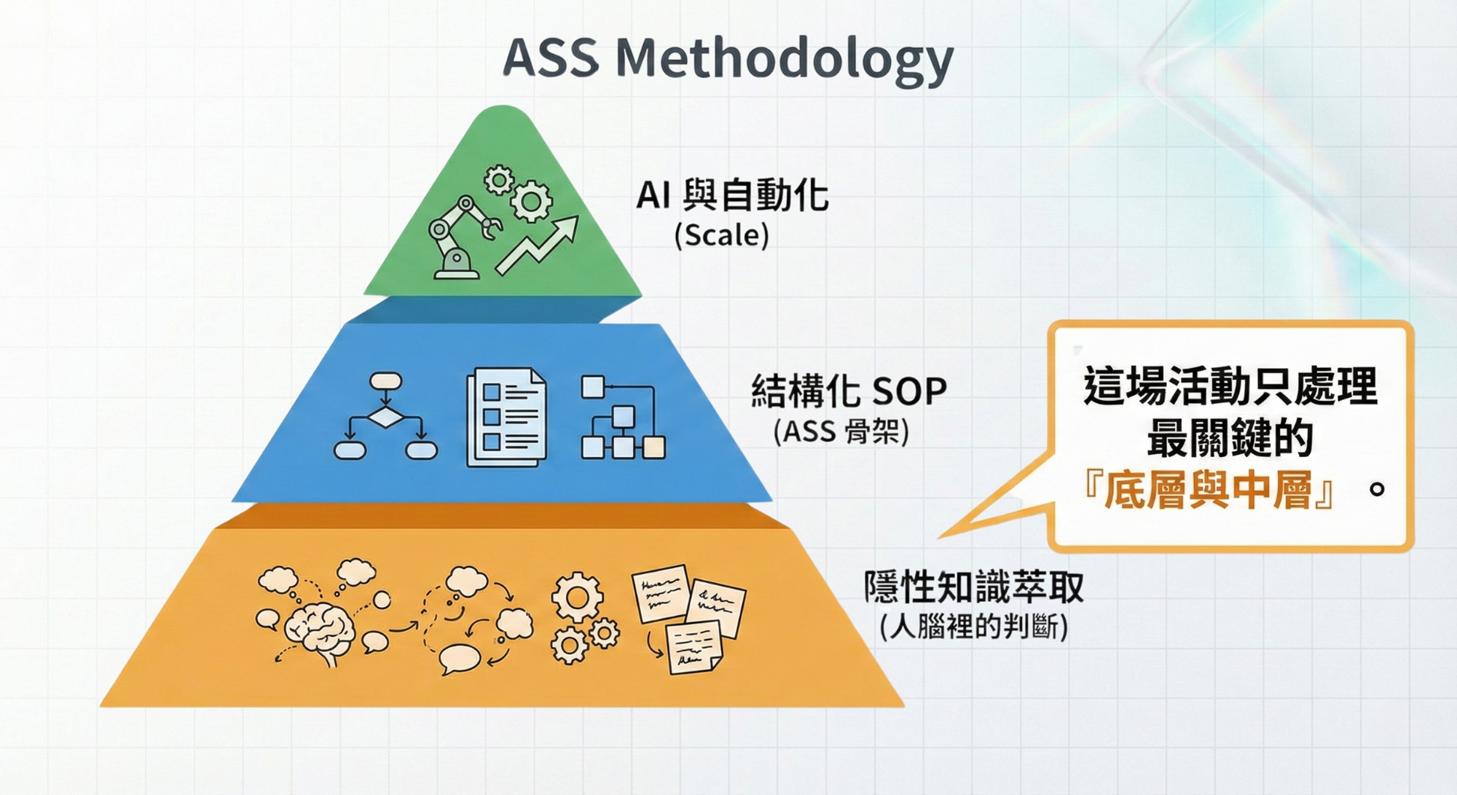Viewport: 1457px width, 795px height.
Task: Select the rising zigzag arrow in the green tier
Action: (538, 245)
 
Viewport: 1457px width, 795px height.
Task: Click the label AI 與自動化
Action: (732, 195)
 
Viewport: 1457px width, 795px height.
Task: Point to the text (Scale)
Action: (721, 235)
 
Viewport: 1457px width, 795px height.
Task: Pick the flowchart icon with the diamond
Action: (385, 417)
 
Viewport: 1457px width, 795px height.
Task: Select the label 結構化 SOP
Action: (849, 391)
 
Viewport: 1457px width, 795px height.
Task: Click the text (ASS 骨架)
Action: (841, 432)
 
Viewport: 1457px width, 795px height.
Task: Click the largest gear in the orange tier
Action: (577, 598)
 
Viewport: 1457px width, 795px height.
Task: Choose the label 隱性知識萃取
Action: (973, 587)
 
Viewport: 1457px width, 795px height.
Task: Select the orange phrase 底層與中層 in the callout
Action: (1209, 490)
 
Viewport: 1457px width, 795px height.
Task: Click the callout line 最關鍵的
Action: (1230, 438)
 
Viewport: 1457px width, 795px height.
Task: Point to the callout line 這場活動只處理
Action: (1230, 386)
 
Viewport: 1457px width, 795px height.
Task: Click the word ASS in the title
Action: (551, 58)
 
